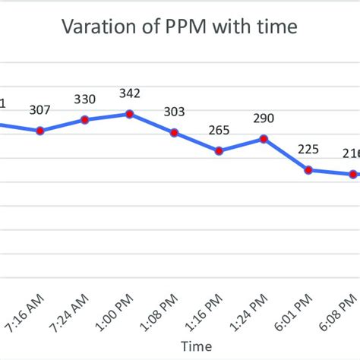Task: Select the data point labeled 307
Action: [x=40, y=131]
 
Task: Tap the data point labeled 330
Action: [x=85, y=119]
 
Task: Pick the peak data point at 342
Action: [x=130, y=114]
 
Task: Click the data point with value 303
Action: [x=175, y=133]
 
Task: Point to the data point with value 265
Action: [x=219, y=151]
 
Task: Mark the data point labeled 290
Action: [x=264, y=139]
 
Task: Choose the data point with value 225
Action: [x=309, y=170]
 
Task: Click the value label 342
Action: [x=130, y=93]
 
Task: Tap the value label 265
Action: [x=219, y=131]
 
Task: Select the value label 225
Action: [x=309, y=150]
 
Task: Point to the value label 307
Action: [x=40, y=110]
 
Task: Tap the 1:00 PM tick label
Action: [x=119, y=312]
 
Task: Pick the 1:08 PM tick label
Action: [x=164, y=312]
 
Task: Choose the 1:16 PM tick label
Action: [x=209, y=312]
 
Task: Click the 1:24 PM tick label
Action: [x=254, y=312]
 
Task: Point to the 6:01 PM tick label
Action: [x=298, y=312]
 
